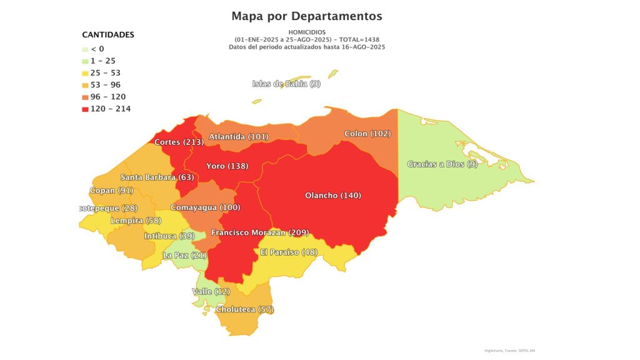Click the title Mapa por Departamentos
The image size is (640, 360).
(x=306, y=16)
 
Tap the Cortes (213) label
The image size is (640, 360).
(x=179, y=142)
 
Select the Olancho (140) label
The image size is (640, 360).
(x=333, y=196)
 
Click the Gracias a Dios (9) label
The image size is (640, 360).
(x=442, y=164)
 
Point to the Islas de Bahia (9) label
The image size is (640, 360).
(x=286, y=84)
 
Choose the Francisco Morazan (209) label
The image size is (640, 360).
(x=260, y=232)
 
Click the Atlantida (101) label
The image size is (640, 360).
(x=238, y=136)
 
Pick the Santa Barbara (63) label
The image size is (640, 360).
(x=157, y=177)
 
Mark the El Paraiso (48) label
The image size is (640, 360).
(x=288, y=252)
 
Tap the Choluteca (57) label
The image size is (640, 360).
(x=244, y=309)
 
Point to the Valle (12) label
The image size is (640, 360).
(x=211, y=292)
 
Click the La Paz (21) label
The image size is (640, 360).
(x=184, y=256)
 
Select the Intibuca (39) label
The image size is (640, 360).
(x=169, y=236)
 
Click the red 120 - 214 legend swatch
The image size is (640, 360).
(x=86, y=109)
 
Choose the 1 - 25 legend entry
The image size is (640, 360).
(x=102, y=61)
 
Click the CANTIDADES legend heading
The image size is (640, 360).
(x=108, y=35)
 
